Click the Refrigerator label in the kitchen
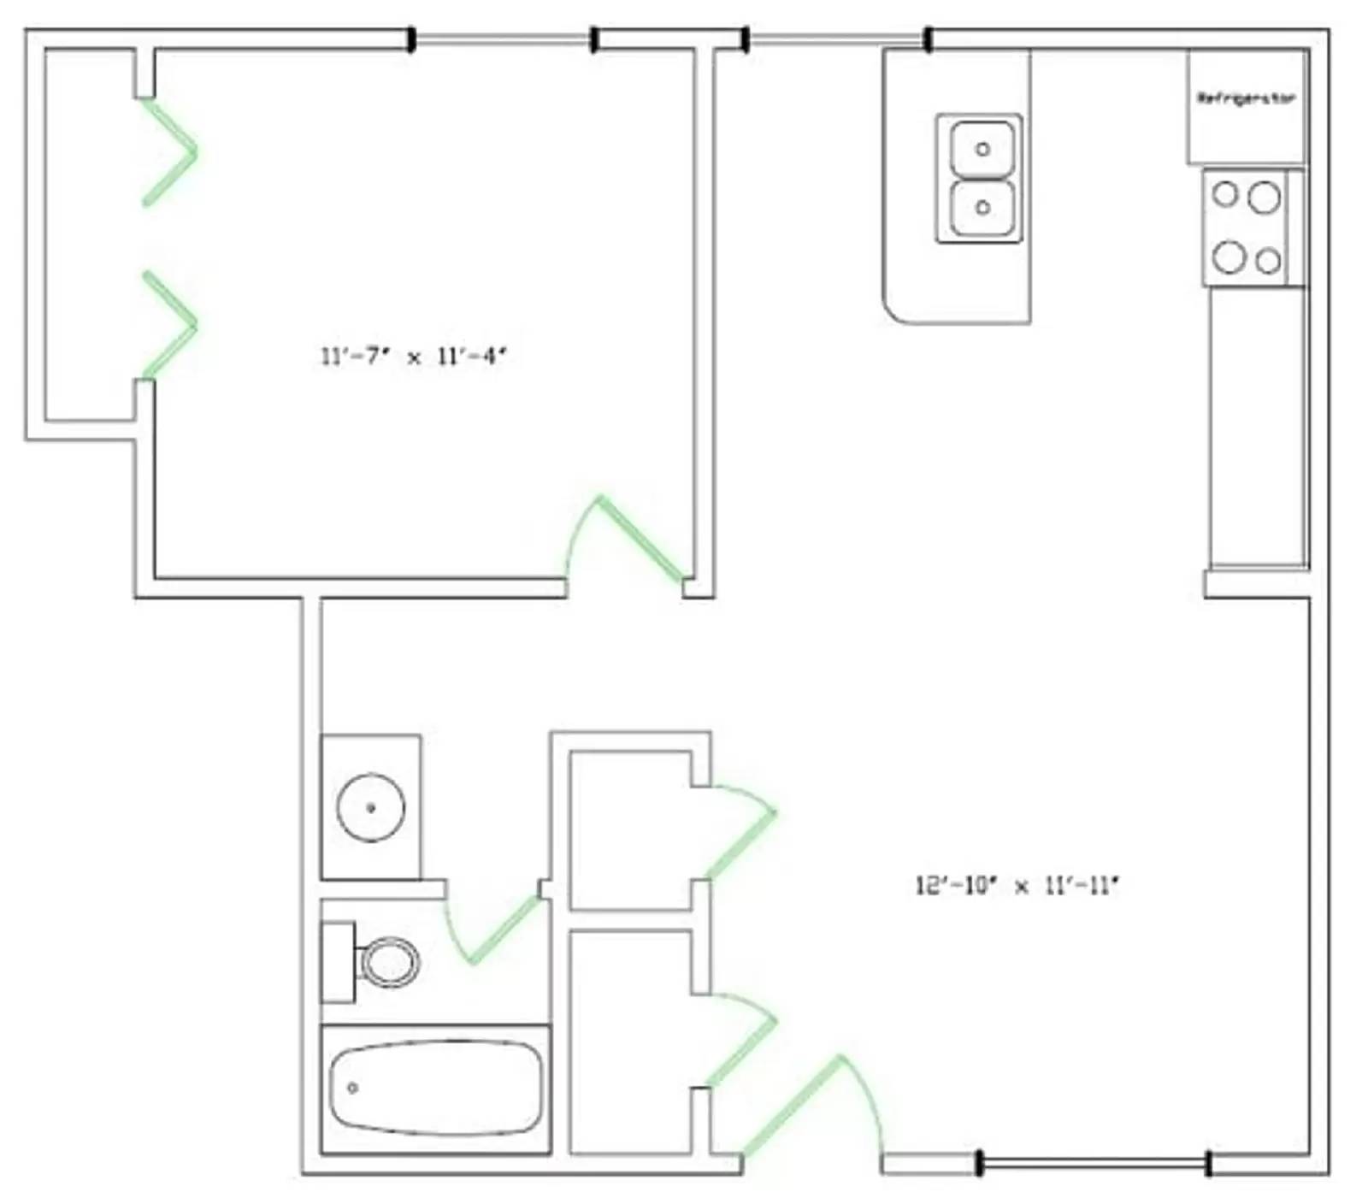(1246, 98)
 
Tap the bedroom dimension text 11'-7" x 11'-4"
(414, 357)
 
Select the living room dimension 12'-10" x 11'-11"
(1017, 885)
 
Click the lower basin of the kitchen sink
(982, 207)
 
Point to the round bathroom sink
(371, 807)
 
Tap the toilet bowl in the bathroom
(391, 962)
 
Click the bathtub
(436, 1088)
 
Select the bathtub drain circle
(352, 1088)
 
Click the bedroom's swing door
(641, 539)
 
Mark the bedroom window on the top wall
(503, 39)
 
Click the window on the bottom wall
(1094, 1163)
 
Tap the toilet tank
(338, 962)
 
